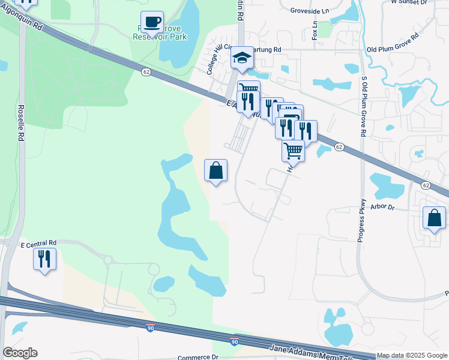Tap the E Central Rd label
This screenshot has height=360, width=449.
point(38,245)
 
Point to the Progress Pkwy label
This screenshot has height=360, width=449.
point(361,221)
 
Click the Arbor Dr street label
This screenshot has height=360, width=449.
point(382,208)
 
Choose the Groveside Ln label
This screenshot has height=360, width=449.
point(310,11)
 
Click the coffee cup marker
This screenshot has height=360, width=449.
point(152,22)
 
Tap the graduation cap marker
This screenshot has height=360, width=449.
point(242,58)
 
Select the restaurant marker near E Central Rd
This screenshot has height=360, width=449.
point(44,259)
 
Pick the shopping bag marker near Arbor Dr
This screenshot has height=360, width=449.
point(434,218)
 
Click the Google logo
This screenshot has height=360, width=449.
point(20,353)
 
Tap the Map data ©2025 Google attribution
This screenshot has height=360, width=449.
point(412,356)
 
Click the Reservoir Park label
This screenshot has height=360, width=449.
point(160,37)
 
